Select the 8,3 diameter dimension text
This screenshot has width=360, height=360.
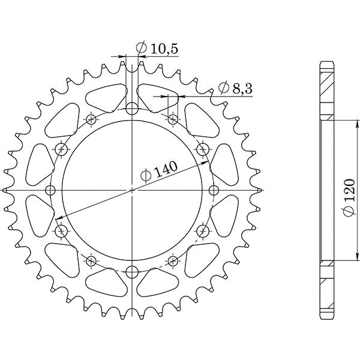(235, 89)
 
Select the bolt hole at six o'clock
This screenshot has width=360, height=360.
(132, 272)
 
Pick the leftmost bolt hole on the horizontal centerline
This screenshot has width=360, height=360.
(50, 191)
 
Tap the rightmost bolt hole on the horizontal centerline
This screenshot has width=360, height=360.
(214, 191)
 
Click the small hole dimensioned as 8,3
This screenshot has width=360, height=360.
(173, 119)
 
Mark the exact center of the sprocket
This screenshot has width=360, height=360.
(132, 191)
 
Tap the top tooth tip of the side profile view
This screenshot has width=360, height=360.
(326, 62)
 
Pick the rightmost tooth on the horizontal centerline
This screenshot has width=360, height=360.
(260, 191)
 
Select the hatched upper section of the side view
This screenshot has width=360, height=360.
(326, 90)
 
